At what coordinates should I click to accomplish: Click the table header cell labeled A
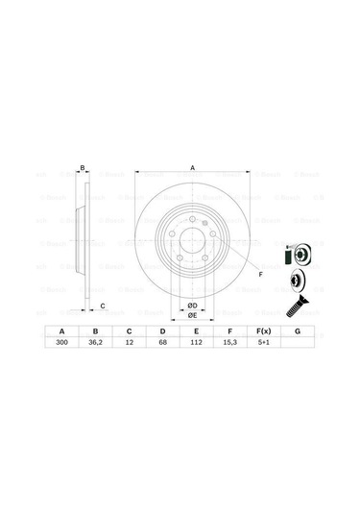[63, 330]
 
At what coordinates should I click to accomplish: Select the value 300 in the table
[63, 342]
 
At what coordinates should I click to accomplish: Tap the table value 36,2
[95, 342]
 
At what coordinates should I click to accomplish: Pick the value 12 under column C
[128, 342]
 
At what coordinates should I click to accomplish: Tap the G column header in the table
[298, 330]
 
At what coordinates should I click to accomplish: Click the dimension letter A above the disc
[192, 168]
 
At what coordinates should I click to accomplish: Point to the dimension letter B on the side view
[83, 168]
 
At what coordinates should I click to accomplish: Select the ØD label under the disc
[192, 306]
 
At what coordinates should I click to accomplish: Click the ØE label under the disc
[192, 315]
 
